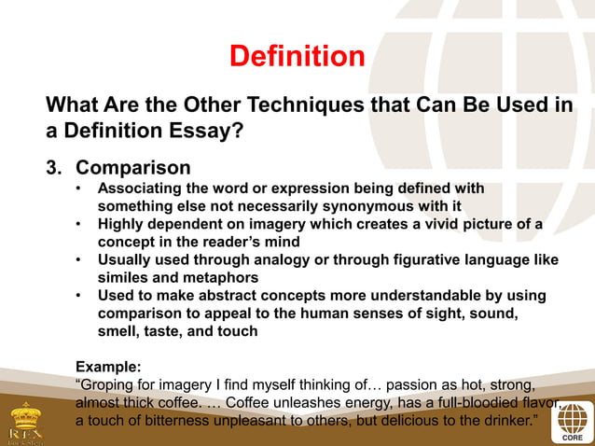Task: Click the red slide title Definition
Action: tap(297, 56)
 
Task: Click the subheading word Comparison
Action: tap(132, 168)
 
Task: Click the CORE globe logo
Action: tap(573, 422)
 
